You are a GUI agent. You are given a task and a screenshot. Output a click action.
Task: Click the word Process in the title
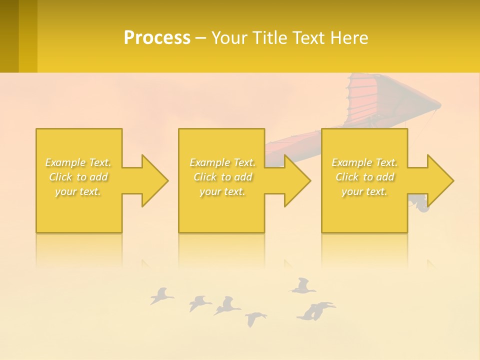[157, 38]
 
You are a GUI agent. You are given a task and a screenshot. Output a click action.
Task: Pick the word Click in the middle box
[205, 177]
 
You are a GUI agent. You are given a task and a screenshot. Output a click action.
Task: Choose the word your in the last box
[352, 191]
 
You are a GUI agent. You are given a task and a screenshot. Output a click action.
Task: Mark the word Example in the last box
[352, 162]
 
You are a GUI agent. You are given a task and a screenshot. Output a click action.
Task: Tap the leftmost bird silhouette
[161, 296]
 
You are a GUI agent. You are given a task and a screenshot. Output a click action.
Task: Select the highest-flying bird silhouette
[302, 286]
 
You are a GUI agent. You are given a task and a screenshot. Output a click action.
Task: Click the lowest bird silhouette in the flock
[255, 318]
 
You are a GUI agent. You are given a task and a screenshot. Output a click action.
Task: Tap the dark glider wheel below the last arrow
[423, 206]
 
